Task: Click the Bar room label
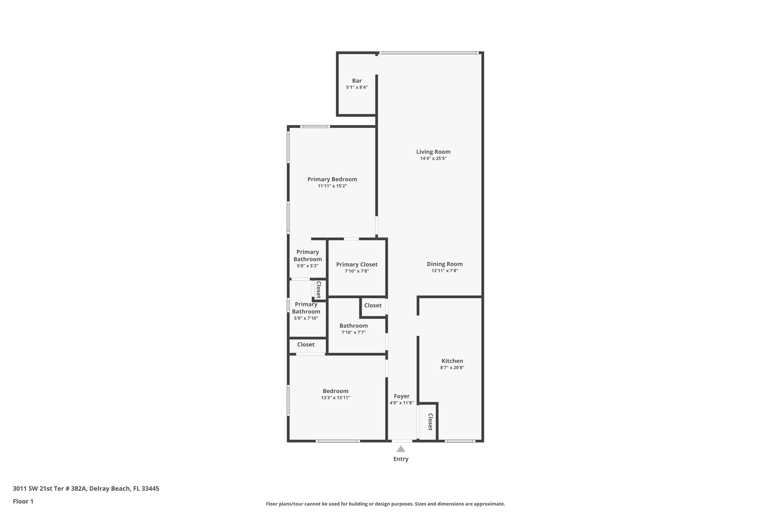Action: (x=357, y=81)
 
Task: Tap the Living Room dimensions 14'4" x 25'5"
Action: (x=433, y=159)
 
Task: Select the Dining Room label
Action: (x=445, y=264)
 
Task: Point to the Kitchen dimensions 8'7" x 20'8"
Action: (x=452, y=368)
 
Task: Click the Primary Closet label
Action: (x=357, y=264)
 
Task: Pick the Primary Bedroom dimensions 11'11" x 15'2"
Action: (x=332, y=186)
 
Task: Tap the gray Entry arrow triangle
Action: (x=401, y=449)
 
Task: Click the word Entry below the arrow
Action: (x=401, y=459)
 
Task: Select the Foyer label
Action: (x=402, y=396)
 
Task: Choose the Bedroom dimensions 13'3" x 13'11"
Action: (x=335, y=398)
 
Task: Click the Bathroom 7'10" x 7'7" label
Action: (x=354, y=326)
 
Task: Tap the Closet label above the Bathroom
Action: (x=373, y=305)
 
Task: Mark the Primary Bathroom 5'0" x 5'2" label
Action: (x=308, y=256)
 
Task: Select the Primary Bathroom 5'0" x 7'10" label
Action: (x=306, y=308)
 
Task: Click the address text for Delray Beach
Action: (x=86, y=488)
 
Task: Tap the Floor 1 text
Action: (x=23, y=501)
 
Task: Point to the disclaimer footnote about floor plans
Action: (x=385, y=504)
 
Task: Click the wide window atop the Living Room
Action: (x=429, y=53)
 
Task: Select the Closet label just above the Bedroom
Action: (x=306, y=345)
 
